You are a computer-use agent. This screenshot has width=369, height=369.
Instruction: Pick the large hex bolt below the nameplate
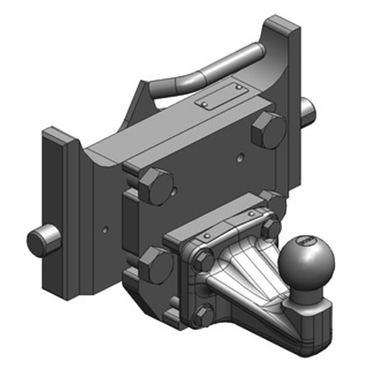[x=269, y=130]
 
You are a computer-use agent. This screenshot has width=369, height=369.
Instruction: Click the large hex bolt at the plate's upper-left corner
[x=155, y=185]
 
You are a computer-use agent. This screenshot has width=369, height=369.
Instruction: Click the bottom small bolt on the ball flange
[x=203, y=316]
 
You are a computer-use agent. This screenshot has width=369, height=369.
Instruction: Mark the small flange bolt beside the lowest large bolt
[x=202, y=262]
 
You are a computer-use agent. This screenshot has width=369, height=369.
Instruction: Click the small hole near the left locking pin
[x=105, y=228]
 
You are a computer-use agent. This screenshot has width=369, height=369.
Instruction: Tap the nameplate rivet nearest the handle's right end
[x=238, y=86]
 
